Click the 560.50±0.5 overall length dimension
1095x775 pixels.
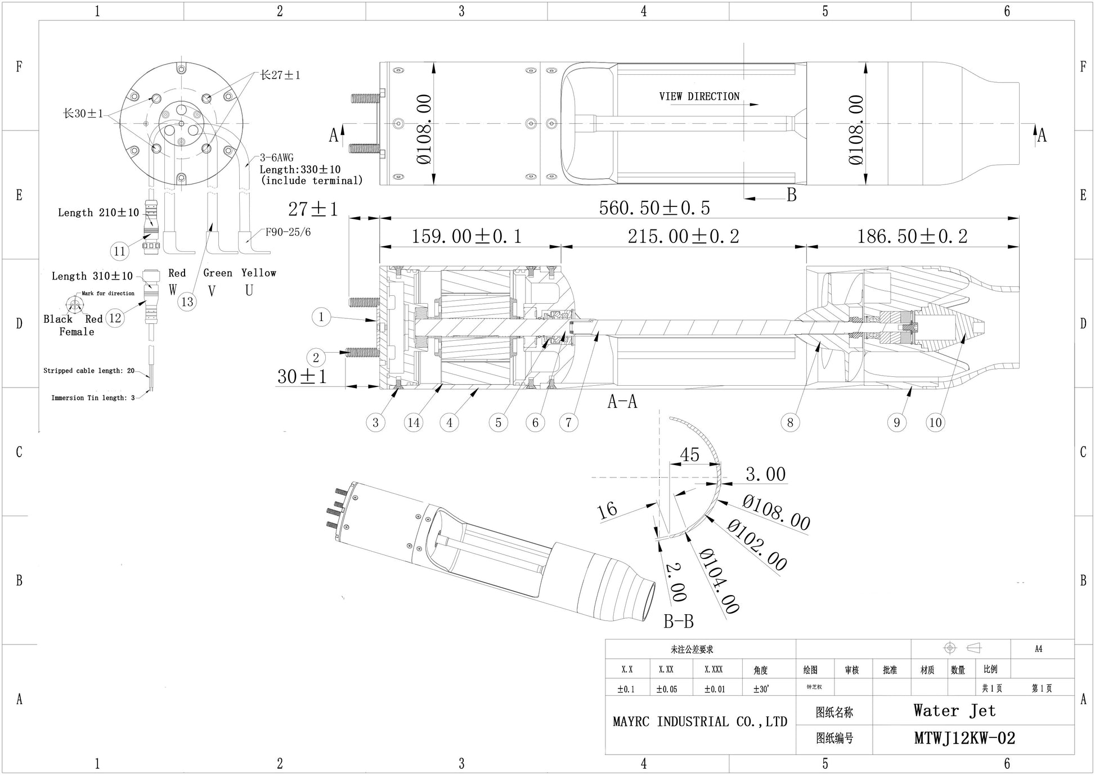pos(654,208)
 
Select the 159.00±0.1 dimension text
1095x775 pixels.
pos(466,236)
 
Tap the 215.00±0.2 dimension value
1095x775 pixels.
pos(683,236)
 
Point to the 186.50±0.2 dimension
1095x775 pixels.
pos(912,236)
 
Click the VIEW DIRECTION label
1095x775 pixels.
pos(699,97)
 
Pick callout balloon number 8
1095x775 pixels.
pos(790,422)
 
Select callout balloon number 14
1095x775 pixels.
pos(414,422)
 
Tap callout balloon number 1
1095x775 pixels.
pos(321,317)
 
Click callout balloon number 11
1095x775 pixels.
pos(119,251)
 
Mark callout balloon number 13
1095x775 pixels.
pos(187,302)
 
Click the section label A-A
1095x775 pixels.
pos(622,402)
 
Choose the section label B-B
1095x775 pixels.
pos(679,621)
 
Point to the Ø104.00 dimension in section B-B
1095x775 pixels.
pos(719,581)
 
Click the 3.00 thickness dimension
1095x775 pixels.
pos(765,474)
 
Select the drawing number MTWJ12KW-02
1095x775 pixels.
pos(964,738)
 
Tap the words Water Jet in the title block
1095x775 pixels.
pos(954,711)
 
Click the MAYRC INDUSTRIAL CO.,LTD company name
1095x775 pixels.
pos(700,722)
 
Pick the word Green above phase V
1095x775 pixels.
pos(218,273)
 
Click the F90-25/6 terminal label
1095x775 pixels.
pos(288,232)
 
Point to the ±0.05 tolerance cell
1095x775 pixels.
pos(666,689)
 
